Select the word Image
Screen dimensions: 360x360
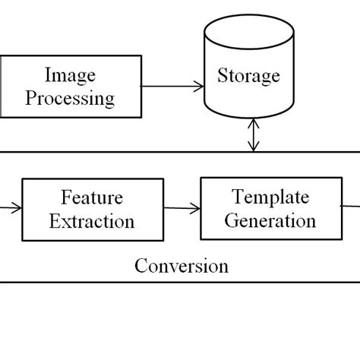[x=70, y=74]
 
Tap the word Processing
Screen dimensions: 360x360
[x=80, y=97]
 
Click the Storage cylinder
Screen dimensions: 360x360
[x=248, y=76]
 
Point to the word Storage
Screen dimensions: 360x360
[x=248, y=76]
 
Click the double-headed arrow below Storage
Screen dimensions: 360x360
[x=252, y=137]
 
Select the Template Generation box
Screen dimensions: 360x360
[x=270, y=208]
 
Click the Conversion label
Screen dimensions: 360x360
[x=181, y=266]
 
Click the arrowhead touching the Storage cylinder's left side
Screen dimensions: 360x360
[x=199, y=86]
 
